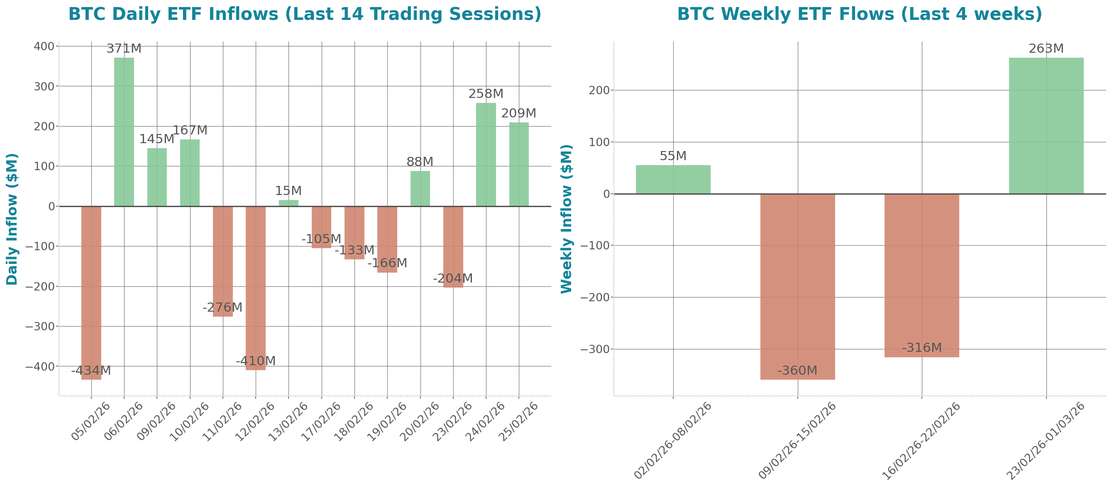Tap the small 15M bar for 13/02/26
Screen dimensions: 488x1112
click(288, 203)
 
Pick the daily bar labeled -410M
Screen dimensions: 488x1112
click(256, 288)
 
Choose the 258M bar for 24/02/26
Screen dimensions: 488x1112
click(486, 154)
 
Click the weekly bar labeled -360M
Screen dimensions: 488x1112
click(797, 286)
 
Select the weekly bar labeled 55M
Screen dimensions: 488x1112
click(673, 180)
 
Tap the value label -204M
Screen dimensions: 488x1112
click(453, 279)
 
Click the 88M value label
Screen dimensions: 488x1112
click(420, 162)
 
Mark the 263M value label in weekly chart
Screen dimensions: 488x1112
click(1046, 49)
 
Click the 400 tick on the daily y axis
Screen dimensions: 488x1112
click(44, 46)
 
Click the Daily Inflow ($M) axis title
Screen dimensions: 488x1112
click(12, 219)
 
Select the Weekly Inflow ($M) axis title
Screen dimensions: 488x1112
click(566, 219)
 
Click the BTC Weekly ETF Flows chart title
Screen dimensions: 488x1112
click(860, 14)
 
